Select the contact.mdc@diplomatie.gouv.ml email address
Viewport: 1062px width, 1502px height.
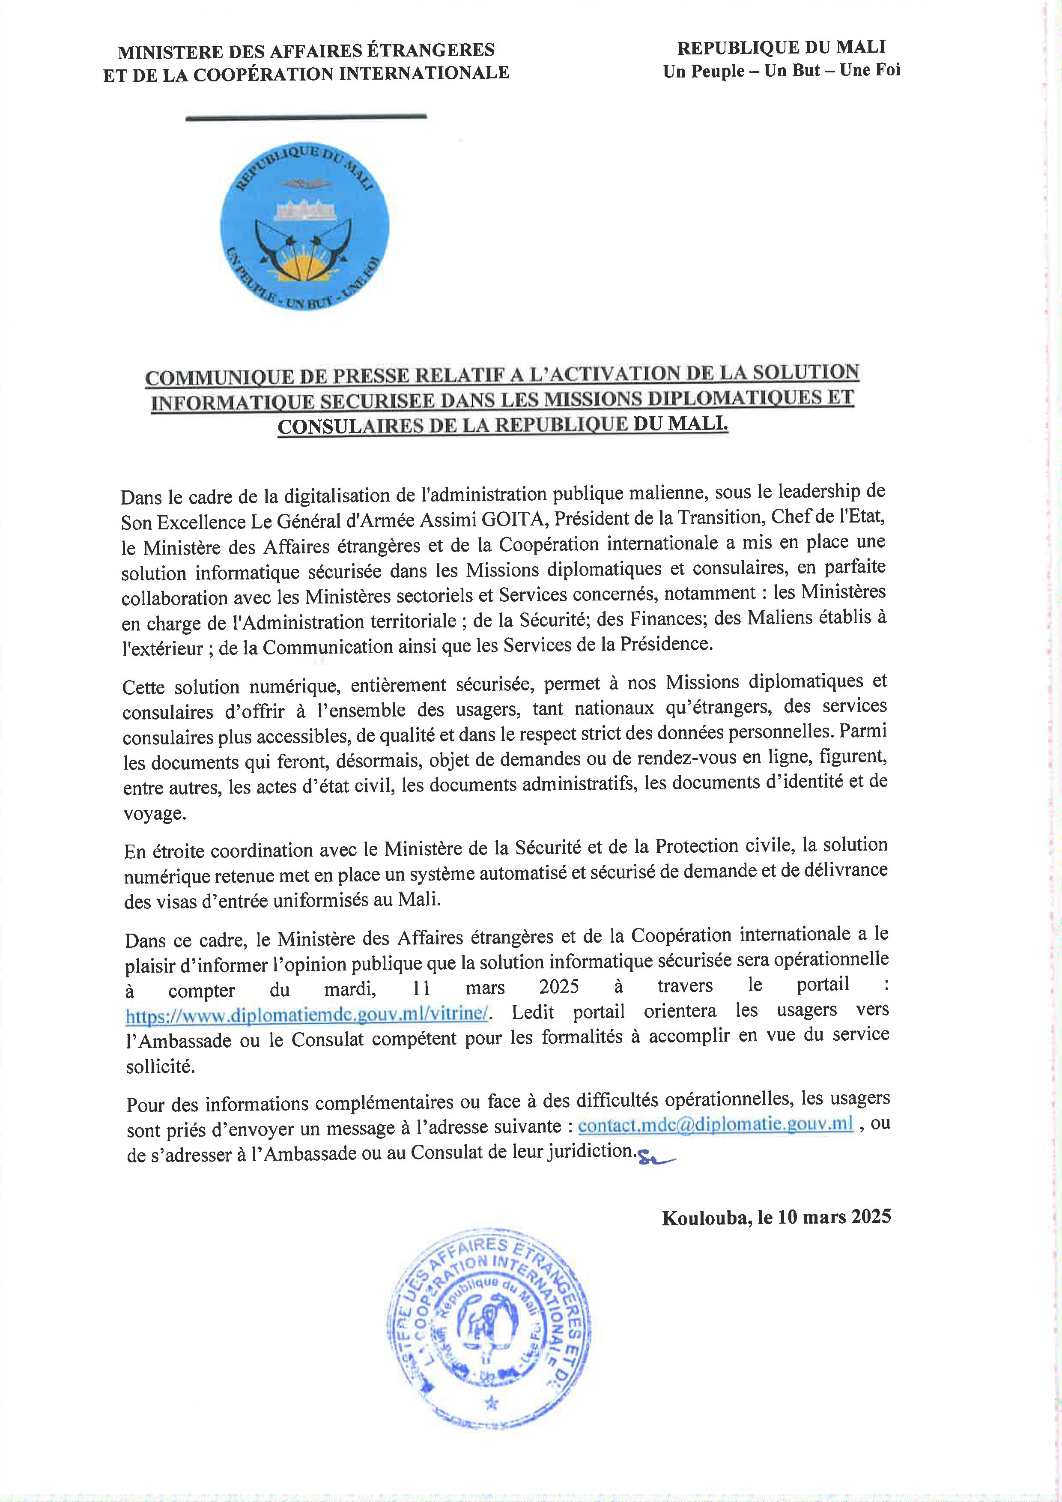[716, 1124]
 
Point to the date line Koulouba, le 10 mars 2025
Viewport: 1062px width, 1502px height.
[776, 1216]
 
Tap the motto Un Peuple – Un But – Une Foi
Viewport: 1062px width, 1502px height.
[782, 71]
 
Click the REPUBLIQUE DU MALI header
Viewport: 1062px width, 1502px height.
[782, 47]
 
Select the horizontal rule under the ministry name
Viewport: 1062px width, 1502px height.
[306, 117]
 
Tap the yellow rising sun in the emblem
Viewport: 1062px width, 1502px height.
[305, 266]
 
